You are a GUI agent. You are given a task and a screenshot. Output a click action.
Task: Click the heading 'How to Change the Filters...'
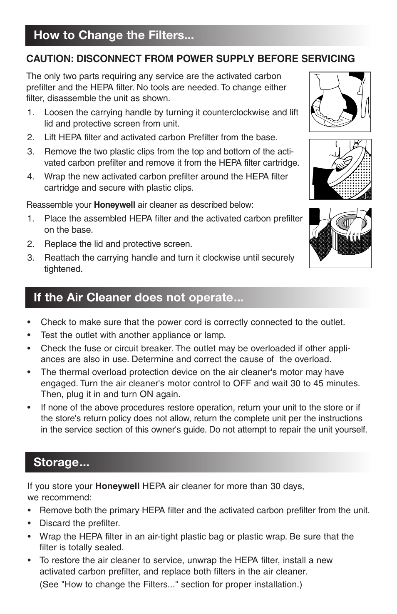click(x=114, y=35)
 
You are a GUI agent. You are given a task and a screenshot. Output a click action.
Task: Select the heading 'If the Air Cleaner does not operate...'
click(x=139, y=298)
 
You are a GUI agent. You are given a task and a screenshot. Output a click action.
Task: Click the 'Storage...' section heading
click(x=62, y=462)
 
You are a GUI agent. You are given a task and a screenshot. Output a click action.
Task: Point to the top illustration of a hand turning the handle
click(x=340, y=102)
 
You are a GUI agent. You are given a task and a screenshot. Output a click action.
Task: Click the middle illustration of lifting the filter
click(x=340, y=169)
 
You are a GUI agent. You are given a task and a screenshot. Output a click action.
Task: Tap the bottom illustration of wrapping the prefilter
click(x=340, y=238)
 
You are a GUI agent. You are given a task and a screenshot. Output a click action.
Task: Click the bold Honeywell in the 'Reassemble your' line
click(x=114, y=205)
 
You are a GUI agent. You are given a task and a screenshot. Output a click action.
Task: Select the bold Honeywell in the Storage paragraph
click(x=117, y=486)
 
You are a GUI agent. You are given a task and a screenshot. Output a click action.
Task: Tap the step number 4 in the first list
click(x=30, y=176)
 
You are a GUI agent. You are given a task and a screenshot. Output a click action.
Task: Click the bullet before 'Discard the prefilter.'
click(x=29, y=523)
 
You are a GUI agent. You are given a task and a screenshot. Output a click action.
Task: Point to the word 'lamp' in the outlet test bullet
click(x=215, y=335)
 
